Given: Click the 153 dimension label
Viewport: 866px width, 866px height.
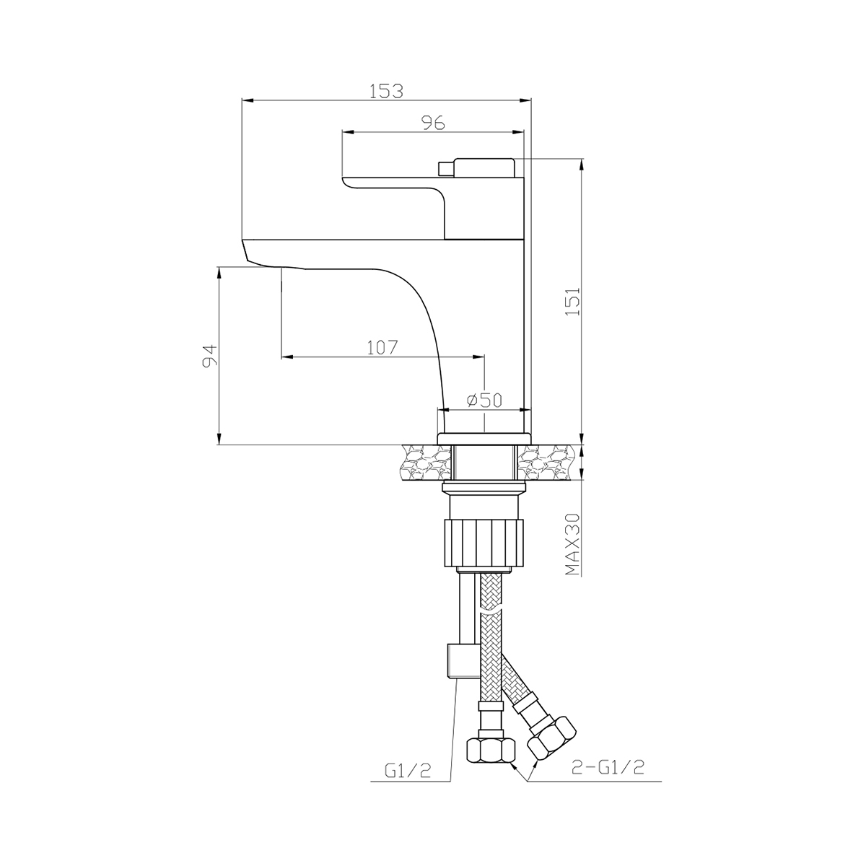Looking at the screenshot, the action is pyautogui.click(x=386, y=91).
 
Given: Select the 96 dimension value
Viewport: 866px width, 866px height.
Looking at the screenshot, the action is pyautogui.click(x=433, y=123).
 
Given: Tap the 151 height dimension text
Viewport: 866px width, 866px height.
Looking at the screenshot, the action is pyautogui.click(x=572, y=301).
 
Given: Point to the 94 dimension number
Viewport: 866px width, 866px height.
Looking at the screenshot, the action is pyautogui.click(x=210, y=356).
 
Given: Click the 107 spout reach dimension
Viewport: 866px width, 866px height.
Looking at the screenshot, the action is pyautogui.click(x=382, y=348).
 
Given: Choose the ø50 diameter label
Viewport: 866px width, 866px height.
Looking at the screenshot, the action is pyautogui.click(x=484, y=400).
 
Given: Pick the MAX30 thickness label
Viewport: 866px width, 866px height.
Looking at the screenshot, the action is pyautogui.click(x=572, y=544).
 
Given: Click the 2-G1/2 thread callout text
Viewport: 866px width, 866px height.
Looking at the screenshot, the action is pyautogui.click(x=608, y=768).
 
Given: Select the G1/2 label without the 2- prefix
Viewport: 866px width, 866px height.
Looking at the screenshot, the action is pyautogui.click(x=408, y=771).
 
